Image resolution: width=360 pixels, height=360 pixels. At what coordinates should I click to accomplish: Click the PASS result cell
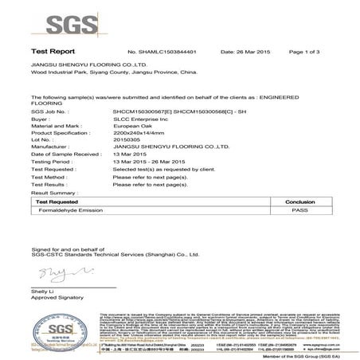coord(299,209)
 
